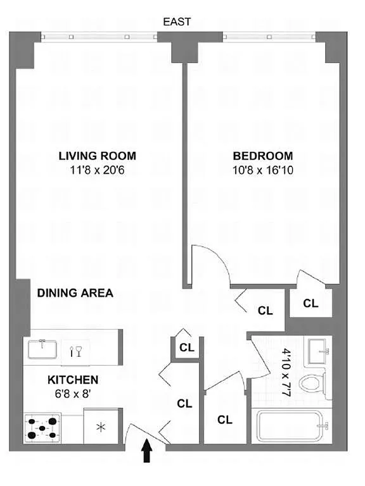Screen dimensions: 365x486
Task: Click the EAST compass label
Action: pos(177,22)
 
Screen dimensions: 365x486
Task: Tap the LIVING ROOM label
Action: pos(98,156)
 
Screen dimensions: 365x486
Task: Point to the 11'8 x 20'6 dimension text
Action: pos(98,170)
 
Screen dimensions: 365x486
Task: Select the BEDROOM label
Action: pos(263,156)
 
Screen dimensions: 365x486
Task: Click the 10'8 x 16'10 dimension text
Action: pos(263,170)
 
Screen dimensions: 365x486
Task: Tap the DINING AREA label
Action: pos(75,293)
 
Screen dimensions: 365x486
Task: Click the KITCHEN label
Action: pos(73,380)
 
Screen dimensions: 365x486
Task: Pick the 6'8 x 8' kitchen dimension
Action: pos(73,394)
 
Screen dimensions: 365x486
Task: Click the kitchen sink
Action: pos(42,349)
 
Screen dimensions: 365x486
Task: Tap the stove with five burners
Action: pos(42,428)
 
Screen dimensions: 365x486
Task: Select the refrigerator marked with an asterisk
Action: pos(101,427)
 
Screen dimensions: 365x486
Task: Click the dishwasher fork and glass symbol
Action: pos(75,351)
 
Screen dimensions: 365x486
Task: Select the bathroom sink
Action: pos(317,351)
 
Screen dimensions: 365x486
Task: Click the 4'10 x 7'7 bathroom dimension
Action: pos(286,372)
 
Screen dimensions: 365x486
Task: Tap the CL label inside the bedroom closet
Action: pos(311,303)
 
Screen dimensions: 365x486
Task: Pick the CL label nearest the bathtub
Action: pos(225,420)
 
